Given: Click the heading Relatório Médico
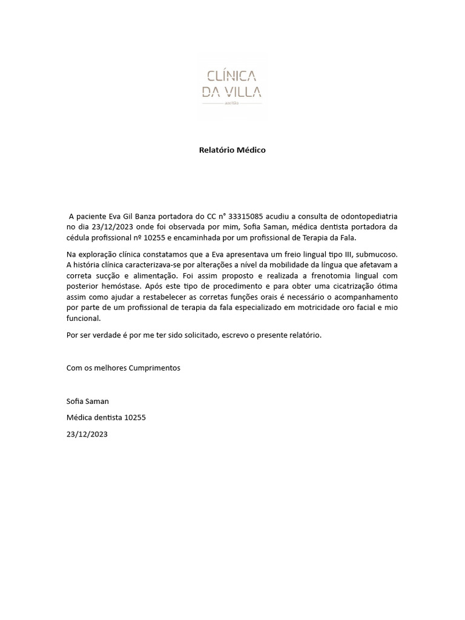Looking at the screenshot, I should click(x=232, y=150).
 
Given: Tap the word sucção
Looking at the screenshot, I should click(x=108, y=275).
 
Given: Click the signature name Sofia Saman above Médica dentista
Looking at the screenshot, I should click(x=88, y=401).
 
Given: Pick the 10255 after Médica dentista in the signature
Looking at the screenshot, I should click(x=135, y=417).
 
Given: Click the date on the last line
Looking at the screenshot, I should click(x=87, y=434).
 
